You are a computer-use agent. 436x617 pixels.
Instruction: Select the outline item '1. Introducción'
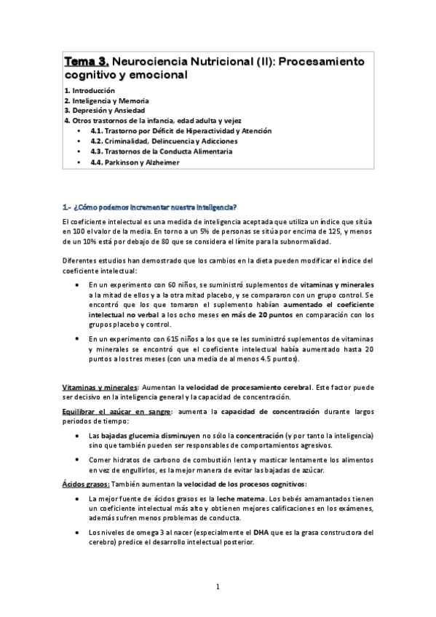(90, 89)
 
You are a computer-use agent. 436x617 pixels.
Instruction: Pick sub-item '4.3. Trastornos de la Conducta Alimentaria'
(162, 151)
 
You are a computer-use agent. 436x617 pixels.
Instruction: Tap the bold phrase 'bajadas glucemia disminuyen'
(148, 436)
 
